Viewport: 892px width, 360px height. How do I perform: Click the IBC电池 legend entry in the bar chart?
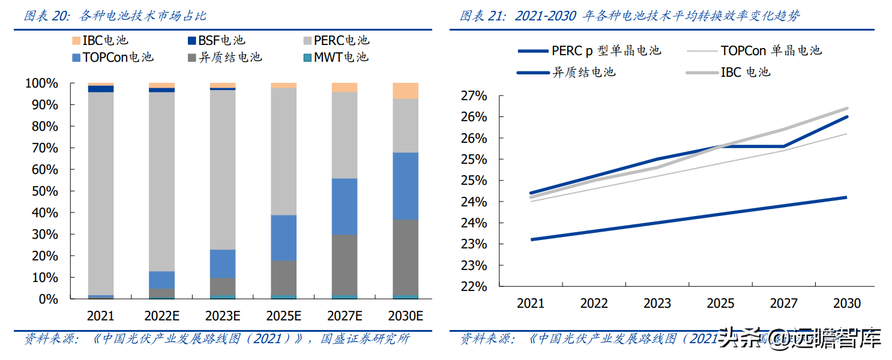pyautogui.click(x=100, y=41)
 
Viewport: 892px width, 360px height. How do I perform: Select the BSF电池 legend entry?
pyautogui.click(x=216, y=41)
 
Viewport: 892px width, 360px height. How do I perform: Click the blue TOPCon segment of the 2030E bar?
pyautogui.click(x=405, y=186)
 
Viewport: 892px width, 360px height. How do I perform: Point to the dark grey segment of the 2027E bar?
pyautogui.click(x=345, y=264)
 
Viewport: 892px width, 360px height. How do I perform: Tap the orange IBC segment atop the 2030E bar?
pyautogui.click(x=405, y=91)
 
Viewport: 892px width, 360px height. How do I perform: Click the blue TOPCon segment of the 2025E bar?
pyautogui.click(x=283, y=238)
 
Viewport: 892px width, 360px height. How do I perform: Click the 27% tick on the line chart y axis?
pyautogui.click(x=474, y=96)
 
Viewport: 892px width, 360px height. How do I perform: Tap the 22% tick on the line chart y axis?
pyautogui.click(x=474, y=287)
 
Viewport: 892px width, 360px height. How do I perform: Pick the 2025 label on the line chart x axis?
pyautogui.click(x=720, y=304)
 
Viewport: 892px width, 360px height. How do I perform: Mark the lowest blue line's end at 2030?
pyautogui.click(x=846, y=197)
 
